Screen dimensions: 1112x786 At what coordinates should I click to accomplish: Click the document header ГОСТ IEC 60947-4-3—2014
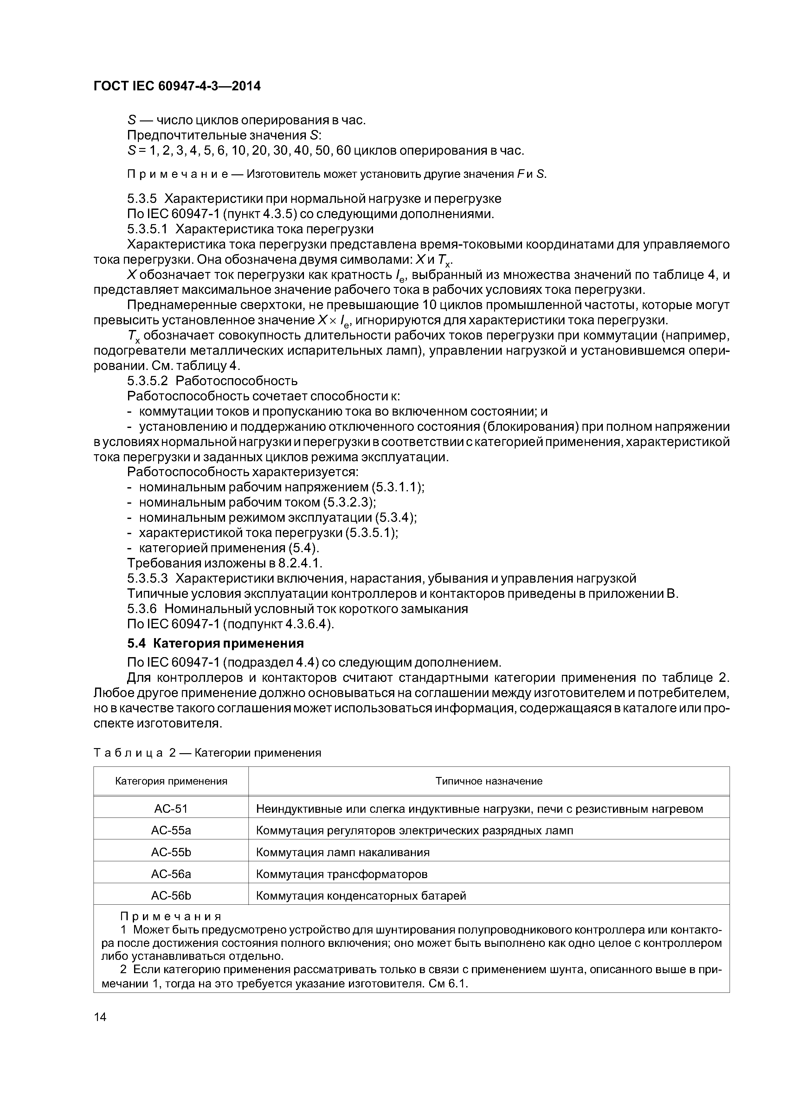coord(177,86)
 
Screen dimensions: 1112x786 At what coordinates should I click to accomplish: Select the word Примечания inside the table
coord(171,916)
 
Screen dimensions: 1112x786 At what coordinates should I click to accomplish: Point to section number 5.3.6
coord(142,609)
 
